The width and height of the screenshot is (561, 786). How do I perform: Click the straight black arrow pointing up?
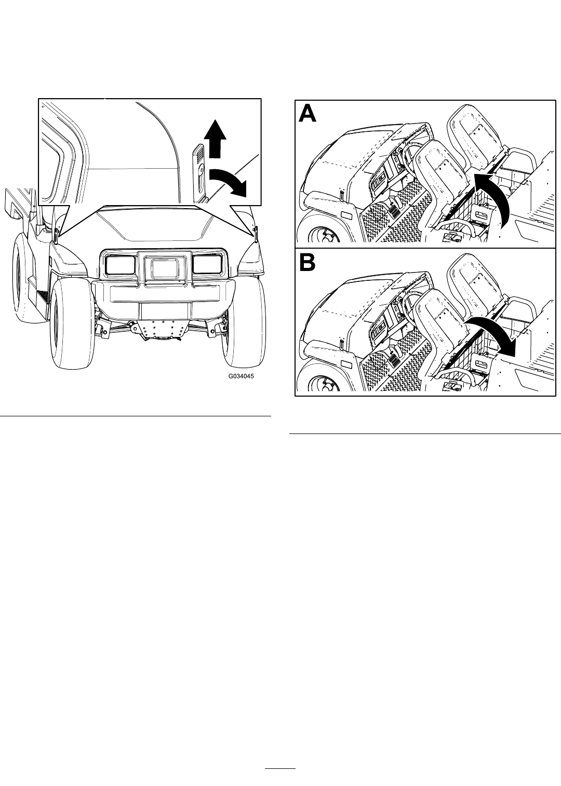[x=215, y=138]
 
